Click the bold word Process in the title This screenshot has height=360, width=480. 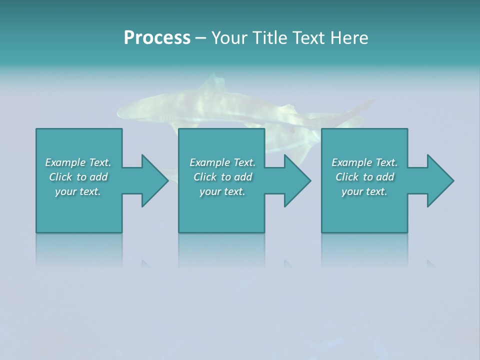[157, 38]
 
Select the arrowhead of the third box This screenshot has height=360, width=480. [439, 180]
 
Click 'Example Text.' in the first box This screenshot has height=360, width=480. [78, 162]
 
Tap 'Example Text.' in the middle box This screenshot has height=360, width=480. [222, 162]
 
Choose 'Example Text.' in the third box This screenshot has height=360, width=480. [364, 162]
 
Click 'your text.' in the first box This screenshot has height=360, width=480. [78, 191]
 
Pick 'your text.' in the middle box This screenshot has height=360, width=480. [222, 191]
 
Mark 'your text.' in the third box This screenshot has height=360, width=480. [364, 191]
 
